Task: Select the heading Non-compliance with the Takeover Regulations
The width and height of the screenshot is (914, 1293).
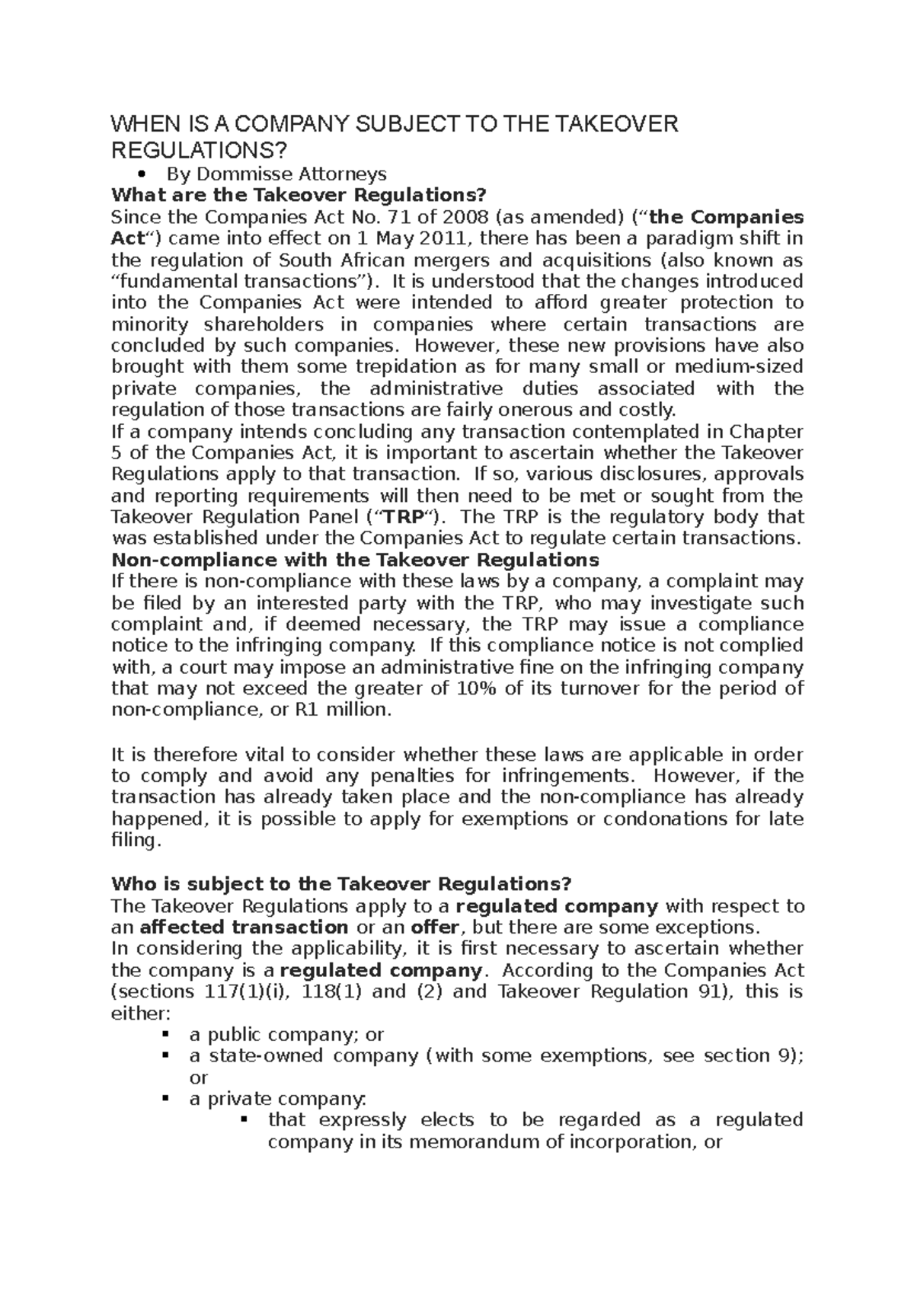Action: point(355,560)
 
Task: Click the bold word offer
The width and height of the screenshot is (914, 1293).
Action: point(436,927)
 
